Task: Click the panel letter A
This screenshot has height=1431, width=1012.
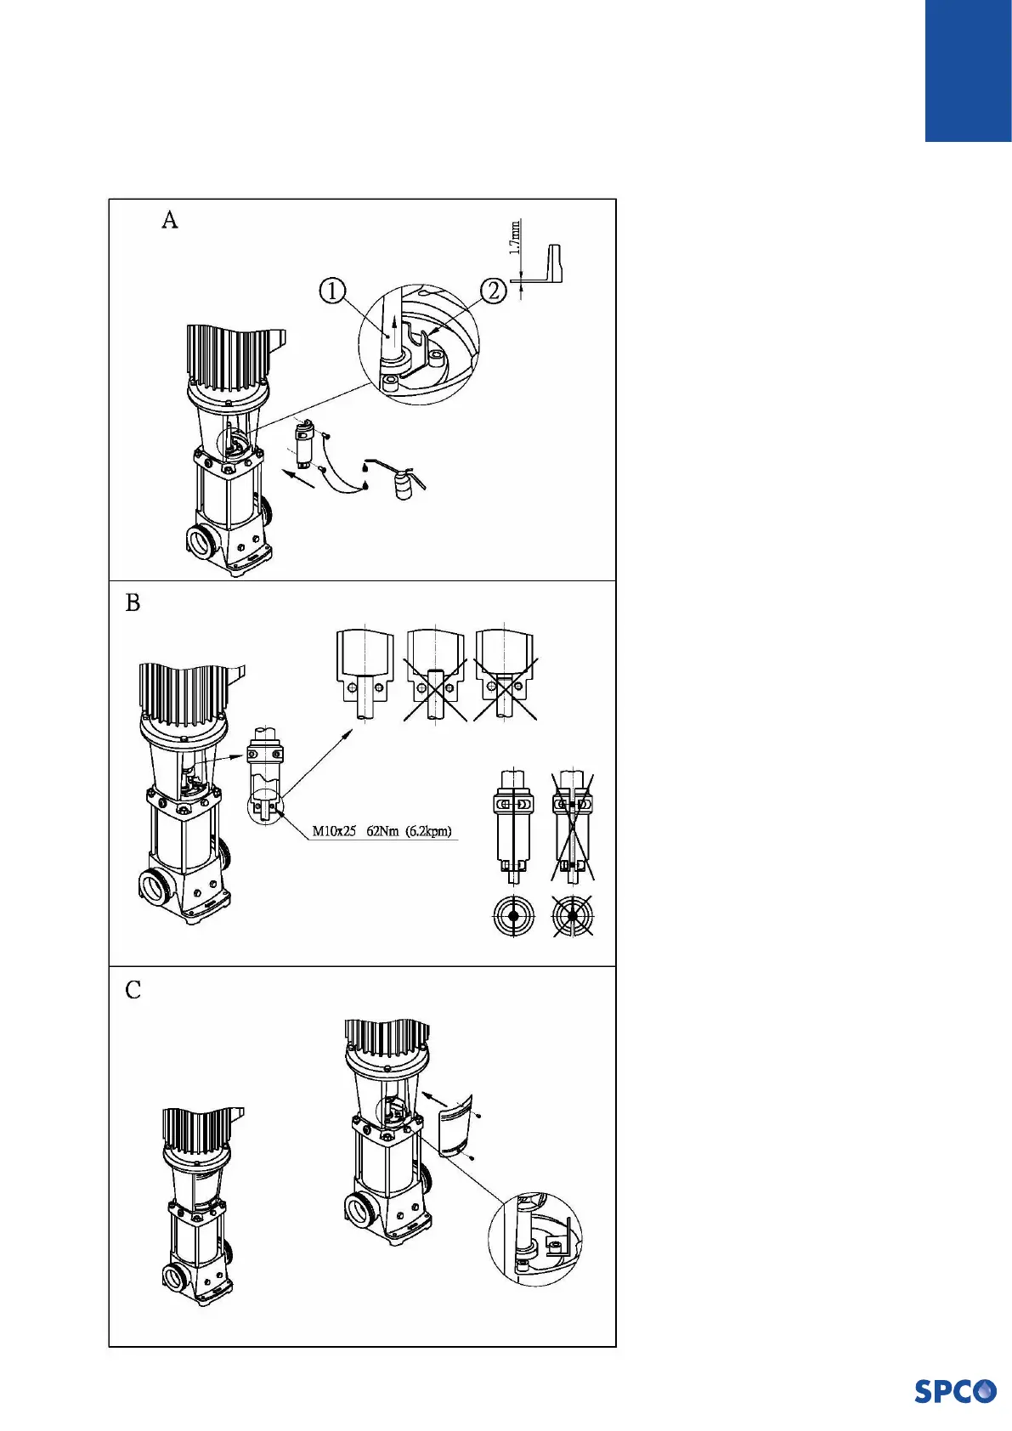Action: pos(170,220)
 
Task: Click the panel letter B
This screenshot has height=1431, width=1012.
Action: pos(133,602)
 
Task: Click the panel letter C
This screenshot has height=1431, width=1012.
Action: pos(133,990)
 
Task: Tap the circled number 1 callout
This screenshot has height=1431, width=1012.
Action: pos(332,291)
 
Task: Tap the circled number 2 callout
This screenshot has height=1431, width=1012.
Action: pos(494,291)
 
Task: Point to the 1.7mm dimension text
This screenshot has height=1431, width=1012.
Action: pos(515,239)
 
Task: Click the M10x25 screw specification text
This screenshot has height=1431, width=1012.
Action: pos(334,830)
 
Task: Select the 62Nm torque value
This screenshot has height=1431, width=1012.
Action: pos(383,830)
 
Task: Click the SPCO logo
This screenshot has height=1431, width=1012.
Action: pos(955,1391)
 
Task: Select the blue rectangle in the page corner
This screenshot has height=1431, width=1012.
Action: pos(968,70)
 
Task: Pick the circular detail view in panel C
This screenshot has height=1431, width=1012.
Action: pos(535,1238)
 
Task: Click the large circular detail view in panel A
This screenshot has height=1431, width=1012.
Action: pos(419,343)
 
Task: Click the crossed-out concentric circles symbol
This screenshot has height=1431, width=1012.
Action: pos(573,916)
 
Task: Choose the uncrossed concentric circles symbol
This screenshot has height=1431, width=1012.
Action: pos(514,916)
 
